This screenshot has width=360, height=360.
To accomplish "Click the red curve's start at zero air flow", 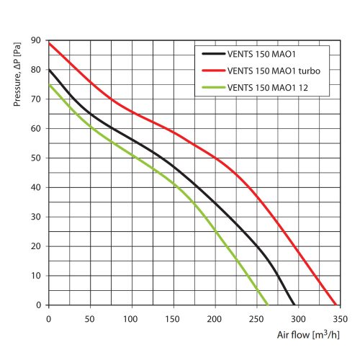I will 49,43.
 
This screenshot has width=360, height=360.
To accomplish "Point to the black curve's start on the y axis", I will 49,70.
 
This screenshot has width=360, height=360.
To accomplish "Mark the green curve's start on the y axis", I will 49,85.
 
